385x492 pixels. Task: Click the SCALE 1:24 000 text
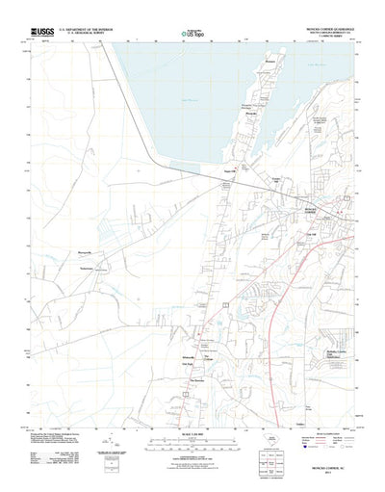pos(192,408)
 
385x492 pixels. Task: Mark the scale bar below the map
pos(192,415)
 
